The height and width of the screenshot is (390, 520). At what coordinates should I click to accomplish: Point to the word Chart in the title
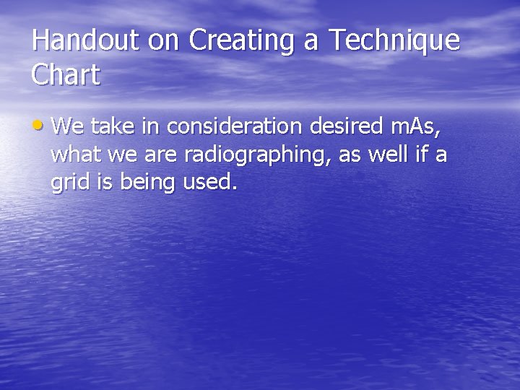(x=66, y=75)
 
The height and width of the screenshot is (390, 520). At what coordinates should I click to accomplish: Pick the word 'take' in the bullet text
(x=110, y=126)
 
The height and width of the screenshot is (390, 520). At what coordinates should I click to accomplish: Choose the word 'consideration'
(x=235, y=126)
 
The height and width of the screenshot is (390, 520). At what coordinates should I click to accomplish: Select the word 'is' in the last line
(x=105, y=183)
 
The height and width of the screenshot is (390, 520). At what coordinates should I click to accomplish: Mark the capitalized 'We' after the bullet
(x=67, y=126)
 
